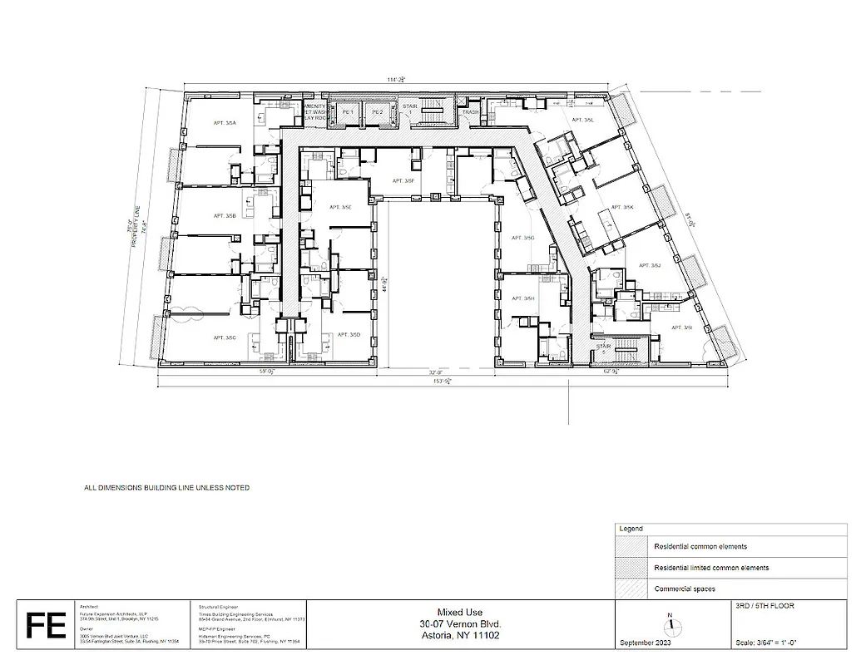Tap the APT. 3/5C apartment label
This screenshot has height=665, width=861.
(x=225, y=337)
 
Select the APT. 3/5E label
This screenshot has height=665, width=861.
(x=340, y=207)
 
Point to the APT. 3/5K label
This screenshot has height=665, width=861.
(x=622, y=208)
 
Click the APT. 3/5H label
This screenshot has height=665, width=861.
(x=523, y=298)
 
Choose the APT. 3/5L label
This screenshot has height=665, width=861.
(x=582, y=121)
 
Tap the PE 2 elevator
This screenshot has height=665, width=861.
(x=377, y=112)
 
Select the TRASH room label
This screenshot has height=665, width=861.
(x=471, y=112)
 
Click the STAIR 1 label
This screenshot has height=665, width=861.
(x=408, y=109)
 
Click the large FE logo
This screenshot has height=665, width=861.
(x=46, y=626)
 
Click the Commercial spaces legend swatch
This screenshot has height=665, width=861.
(x=631, y=589)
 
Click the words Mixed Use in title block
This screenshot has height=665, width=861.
(x=460, y=611)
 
